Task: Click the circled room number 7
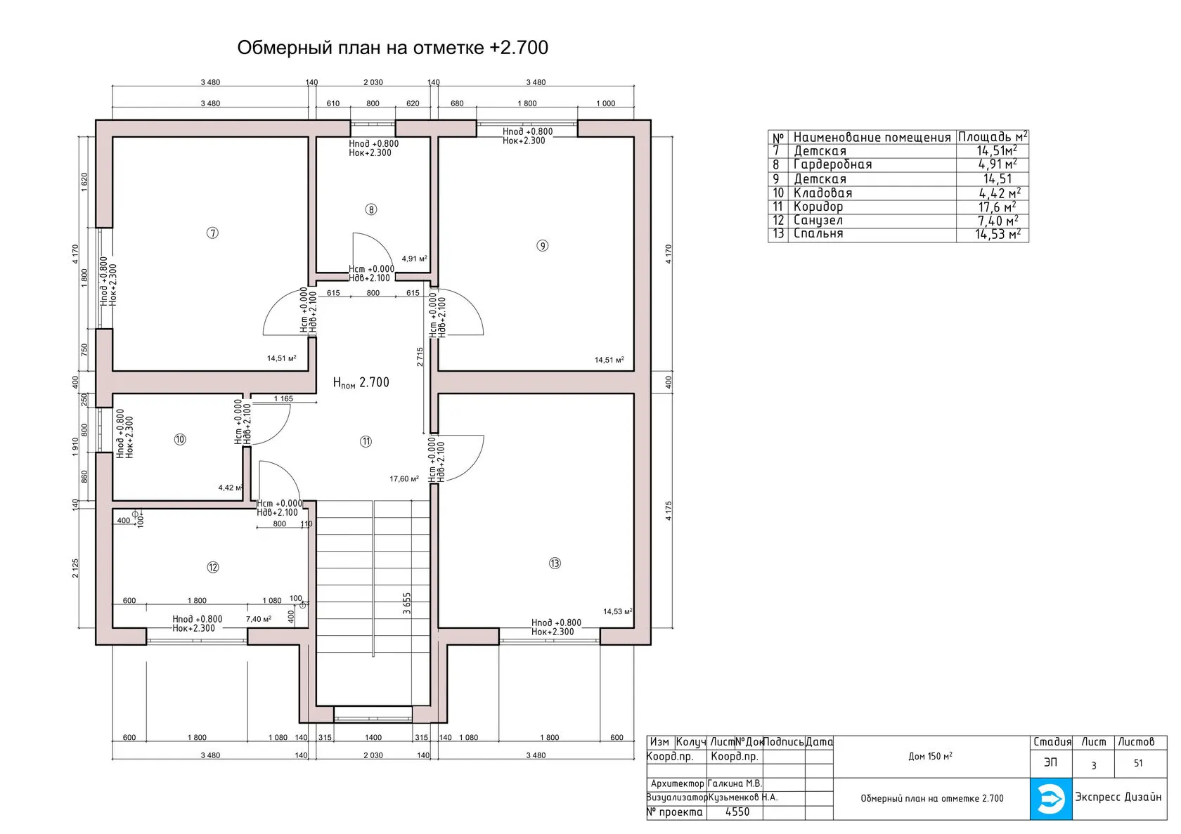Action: [x=212, y=233]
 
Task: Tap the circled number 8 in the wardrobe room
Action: [x=371, y=209]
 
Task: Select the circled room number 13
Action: [x=555, y=563]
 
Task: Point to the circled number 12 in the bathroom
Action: [x=213, y=568]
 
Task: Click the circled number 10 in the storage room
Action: [x=180, y=439]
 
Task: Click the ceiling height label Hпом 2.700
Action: [x=361, y=382]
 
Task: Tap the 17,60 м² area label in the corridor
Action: [x=404, y=479]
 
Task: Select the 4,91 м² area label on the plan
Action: [x=415, y=259]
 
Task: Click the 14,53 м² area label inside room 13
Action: [x=617, y=612]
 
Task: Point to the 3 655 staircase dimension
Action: [x=406, y=604]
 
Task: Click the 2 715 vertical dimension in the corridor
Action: [x=420, y=357]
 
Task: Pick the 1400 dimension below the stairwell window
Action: [x=373, y=738]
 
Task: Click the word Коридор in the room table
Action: [x=818, y=207]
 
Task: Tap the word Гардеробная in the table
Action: [x=833, y=164]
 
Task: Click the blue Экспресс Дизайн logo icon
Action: [x=1051, y=800]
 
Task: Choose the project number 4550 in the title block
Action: [x=737, y=812]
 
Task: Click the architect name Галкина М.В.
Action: [x=735, y=783]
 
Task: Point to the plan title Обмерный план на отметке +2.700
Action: [x=393, y=47]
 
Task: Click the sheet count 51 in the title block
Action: [x=1138, y=763]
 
